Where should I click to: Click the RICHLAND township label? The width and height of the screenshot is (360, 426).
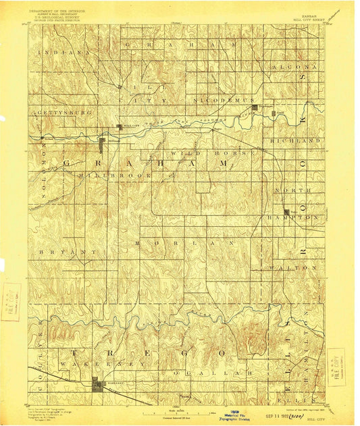294,140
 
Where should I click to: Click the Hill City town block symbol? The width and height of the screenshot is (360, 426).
119,126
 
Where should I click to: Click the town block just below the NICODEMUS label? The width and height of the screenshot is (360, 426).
254,107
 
